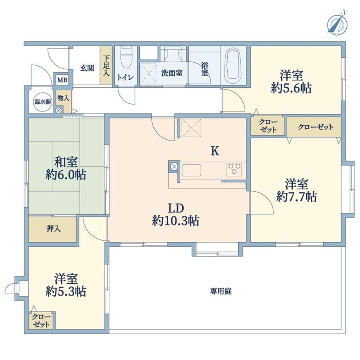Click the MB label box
pos(63,80)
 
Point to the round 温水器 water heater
pos(43,102)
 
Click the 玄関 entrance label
pos(87,68)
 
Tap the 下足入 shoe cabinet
pos(106,66)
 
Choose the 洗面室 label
pos(172,73)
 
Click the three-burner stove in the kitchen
pos(234,169)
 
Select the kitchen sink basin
pos(191,170)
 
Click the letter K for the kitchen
pos(215,151)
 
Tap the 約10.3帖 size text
pos(175,221)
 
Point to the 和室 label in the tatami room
pos(66,162)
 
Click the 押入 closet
pos(52,229)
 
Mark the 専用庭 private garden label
pos(221,292)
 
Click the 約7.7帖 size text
pos(296,197)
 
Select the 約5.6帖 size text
pos(291,88)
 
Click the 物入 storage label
pos(63,98)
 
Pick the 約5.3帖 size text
pos(66,292)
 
